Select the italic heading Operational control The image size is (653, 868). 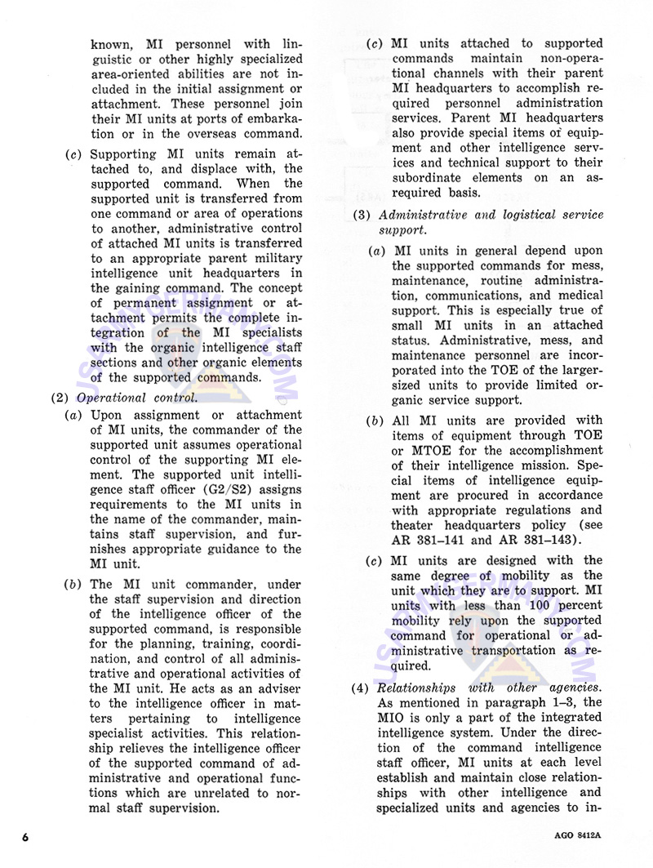136,398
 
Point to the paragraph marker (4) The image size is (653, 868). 360,688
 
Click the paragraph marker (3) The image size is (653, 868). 360,215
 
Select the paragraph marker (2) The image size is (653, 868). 60,398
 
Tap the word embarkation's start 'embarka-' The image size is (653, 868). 269,119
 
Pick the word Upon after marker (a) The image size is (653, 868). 106,415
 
